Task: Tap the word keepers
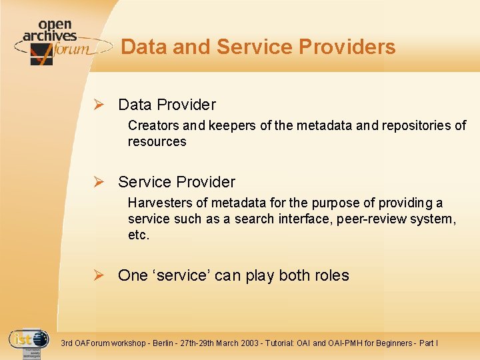227,125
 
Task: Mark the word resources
157,141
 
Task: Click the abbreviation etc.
139,235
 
